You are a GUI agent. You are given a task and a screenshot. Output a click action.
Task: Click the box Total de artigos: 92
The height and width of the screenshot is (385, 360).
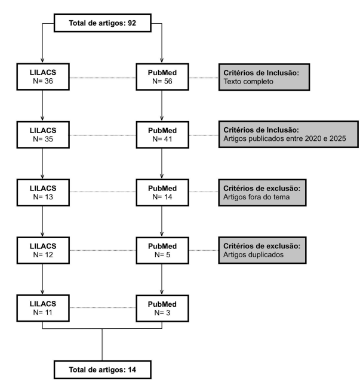pyautogui.click(x=103, y=23)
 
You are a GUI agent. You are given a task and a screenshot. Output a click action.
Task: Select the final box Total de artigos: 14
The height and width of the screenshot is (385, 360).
pyautogui.click(x=103, y=369)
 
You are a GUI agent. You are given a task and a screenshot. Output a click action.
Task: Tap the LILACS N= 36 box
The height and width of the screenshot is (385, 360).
pyautogui.click(x=43, y=77)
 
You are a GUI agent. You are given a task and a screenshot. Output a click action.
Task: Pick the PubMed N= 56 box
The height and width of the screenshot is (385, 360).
pyautogui.click(x=162, y=77)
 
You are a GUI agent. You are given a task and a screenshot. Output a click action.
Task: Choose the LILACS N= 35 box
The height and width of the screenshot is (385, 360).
pyautogui.click(x=43, y=135)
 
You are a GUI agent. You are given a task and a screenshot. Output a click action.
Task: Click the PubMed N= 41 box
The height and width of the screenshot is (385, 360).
pyautogui.click(x=162, y=135)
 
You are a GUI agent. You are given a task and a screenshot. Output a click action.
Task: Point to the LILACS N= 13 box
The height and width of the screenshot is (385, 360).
pyautogui.click(x=43, y=192)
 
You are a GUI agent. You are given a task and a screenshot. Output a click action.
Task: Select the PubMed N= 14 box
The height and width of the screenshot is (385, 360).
pyautogui.click(x=162, y=192)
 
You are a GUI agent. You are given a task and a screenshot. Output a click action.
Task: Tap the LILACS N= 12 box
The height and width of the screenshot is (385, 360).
pyautogui.click(x=43, y=251)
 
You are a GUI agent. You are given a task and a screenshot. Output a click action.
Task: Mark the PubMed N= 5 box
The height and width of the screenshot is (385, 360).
pyautogui.click(x=162, y=251)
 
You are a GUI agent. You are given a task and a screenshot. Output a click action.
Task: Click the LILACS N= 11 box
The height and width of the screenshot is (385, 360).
pyautogui.click(x=43, y=308)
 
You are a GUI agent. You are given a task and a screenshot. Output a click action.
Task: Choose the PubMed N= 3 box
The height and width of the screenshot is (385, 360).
pyautogui.click(x=162, y=308)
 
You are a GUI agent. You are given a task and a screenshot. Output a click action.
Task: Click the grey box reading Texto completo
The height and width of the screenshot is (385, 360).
pyautogui.click(x=264, y=77)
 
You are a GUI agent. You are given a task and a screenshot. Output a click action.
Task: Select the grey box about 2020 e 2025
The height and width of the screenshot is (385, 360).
pyautogui.click(x=288, y=134)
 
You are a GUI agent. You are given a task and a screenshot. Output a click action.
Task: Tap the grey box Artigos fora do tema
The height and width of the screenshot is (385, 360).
pyautogui.click(x=262, y=192)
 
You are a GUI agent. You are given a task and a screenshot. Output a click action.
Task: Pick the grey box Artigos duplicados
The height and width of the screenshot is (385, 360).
pyautogui.click(x=262, y=250)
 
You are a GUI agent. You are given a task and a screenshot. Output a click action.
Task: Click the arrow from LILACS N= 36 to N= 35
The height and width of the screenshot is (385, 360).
pyautogui.click(x=42, y=106)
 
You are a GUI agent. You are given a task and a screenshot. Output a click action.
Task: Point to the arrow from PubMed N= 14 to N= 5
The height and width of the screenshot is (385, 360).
pyautogui.click(x=162, y=221)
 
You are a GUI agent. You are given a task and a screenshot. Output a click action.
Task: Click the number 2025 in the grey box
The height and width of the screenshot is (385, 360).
pyautogui.click(x=338, y=138)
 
